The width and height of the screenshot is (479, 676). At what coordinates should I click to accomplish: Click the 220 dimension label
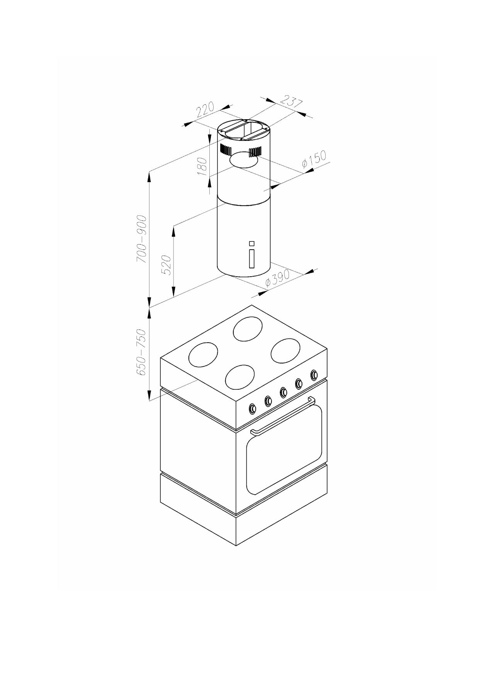(x=205, y=110)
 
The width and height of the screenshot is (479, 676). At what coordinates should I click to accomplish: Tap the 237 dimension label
(x=291, y=101)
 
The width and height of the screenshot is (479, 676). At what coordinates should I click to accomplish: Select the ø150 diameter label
(x=314, y=160)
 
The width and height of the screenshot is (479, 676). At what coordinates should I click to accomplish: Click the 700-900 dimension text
(x=142, y=239)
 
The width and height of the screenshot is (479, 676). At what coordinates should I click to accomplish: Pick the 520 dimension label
(x=166, y=265)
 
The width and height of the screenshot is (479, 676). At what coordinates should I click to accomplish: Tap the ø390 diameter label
(x=278, y=279)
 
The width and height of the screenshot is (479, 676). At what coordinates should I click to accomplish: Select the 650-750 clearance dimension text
(x=141, y=352)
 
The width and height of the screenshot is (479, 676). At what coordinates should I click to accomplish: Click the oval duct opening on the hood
(x=243, y=159)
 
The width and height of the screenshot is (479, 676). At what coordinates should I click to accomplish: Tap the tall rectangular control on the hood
(x=252, y=258)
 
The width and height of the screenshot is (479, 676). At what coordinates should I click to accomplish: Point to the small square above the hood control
(x=252, y=243)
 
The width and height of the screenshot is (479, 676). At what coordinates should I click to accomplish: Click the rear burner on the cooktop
(x=248, y=329)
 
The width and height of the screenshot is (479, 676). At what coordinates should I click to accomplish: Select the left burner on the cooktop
(x=203, y=354)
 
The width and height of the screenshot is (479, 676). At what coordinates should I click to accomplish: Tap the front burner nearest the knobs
(x=241, y=377)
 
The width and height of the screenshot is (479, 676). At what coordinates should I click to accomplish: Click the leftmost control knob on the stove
(x=253, y=408)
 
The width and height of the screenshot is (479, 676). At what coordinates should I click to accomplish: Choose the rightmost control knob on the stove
(x=314, y=375)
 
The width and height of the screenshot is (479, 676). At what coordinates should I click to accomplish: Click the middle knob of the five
(x=284, y=392)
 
